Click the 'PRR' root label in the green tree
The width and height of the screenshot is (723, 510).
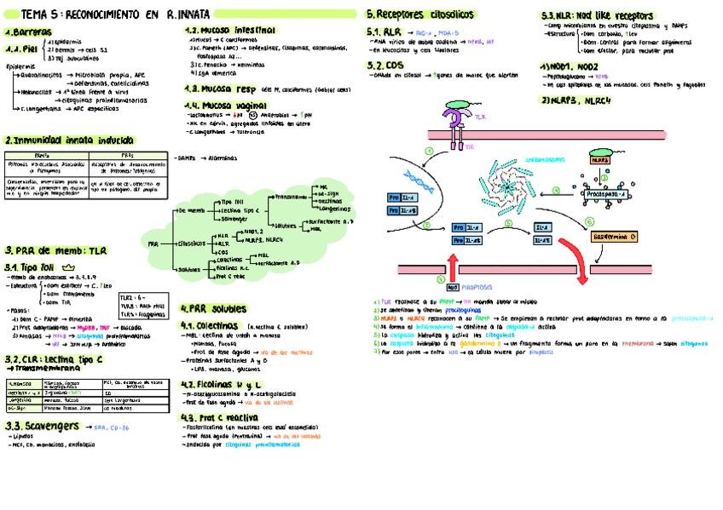[153, 243]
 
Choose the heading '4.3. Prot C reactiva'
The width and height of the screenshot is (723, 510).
[220, 417]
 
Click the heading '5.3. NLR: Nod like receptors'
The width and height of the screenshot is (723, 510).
[597, 15]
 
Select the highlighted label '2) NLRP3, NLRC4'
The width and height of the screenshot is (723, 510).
[581, 99]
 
